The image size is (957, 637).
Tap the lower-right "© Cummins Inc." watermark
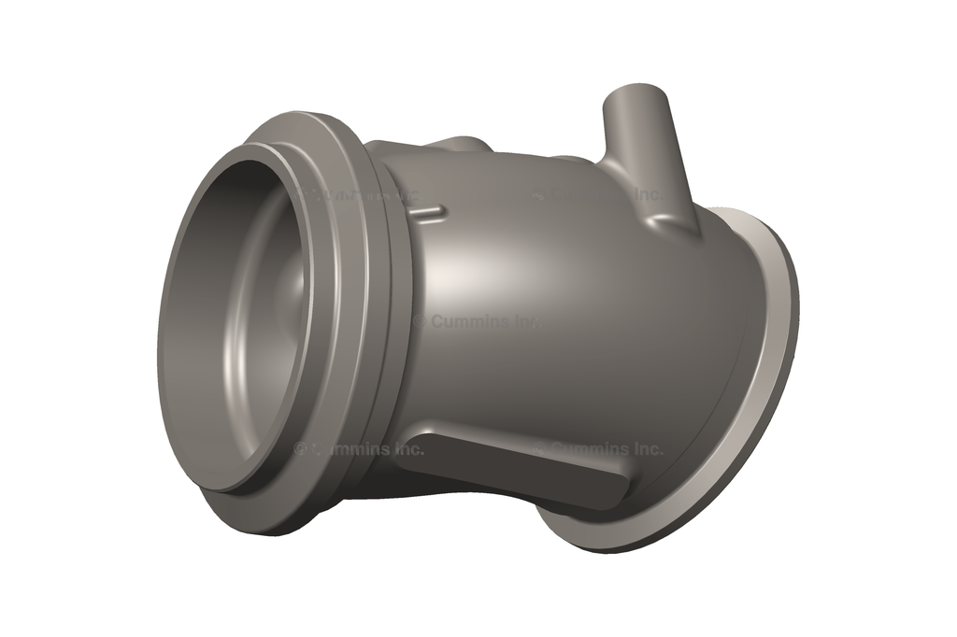(598, 449)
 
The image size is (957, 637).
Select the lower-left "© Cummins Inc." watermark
(359, 449)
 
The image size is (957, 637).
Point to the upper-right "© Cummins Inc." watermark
(598, 194)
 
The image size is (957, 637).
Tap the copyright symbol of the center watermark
(419, 320)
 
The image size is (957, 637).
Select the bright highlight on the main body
(467, 271)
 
